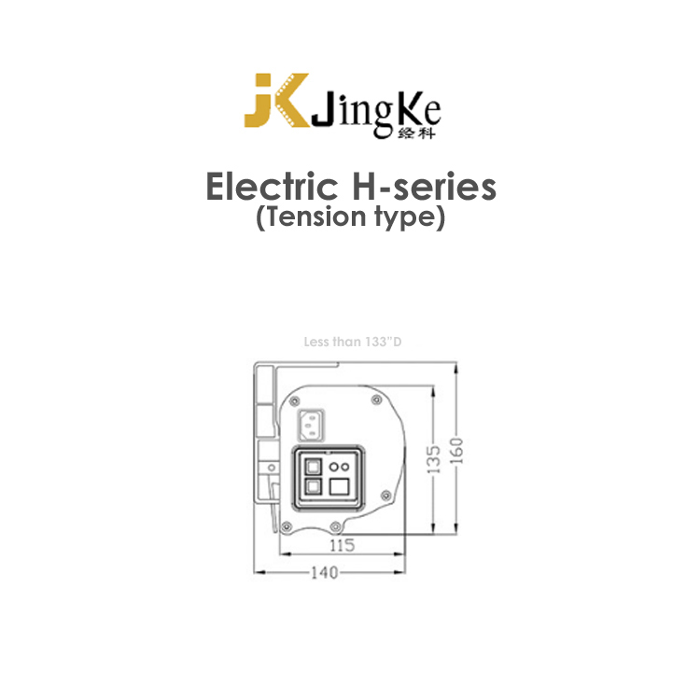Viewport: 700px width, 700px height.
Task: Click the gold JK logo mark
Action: (x=277, y=100)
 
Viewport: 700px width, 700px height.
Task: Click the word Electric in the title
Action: (x=272, y=187)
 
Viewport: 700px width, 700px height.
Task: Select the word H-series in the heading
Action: (x=424, y=187)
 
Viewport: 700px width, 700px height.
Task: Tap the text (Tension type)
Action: (x=350, y=217)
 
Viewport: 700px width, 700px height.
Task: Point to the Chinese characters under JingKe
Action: (x=415, y=133)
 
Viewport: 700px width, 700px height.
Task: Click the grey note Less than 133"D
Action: (x=353, y=342)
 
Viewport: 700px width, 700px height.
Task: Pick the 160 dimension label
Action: (x=456, y=451)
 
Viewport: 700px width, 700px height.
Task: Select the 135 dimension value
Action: (x=433, y=459)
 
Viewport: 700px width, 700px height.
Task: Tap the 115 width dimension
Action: (x=342, y=545)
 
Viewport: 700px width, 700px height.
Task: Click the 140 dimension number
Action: (x=325, y=572)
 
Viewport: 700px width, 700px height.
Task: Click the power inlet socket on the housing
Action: (x=311, y=426)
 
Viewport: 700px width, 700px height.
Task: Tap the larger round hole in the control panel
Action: (x=334, y=467)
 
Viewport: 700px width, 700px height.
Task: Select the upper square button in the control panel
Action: (x=313, y=467)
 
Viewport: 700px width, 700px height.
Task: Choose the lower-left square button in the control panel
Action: (x=313, y=486)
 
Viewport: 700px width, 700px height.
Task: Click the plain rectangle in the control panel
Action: (x=339, y=486)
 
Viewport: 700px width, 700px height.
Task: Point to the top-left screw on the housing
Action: (x=294, y=401)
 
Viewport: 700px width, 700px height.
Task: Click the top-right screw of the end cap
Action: (x=376, y=399)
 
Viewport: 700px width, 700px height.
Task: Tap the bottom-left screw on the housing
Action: (x=287, y=526)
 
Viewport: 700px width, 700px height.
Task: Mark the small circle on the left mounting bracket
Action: (x=271, y=468)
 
